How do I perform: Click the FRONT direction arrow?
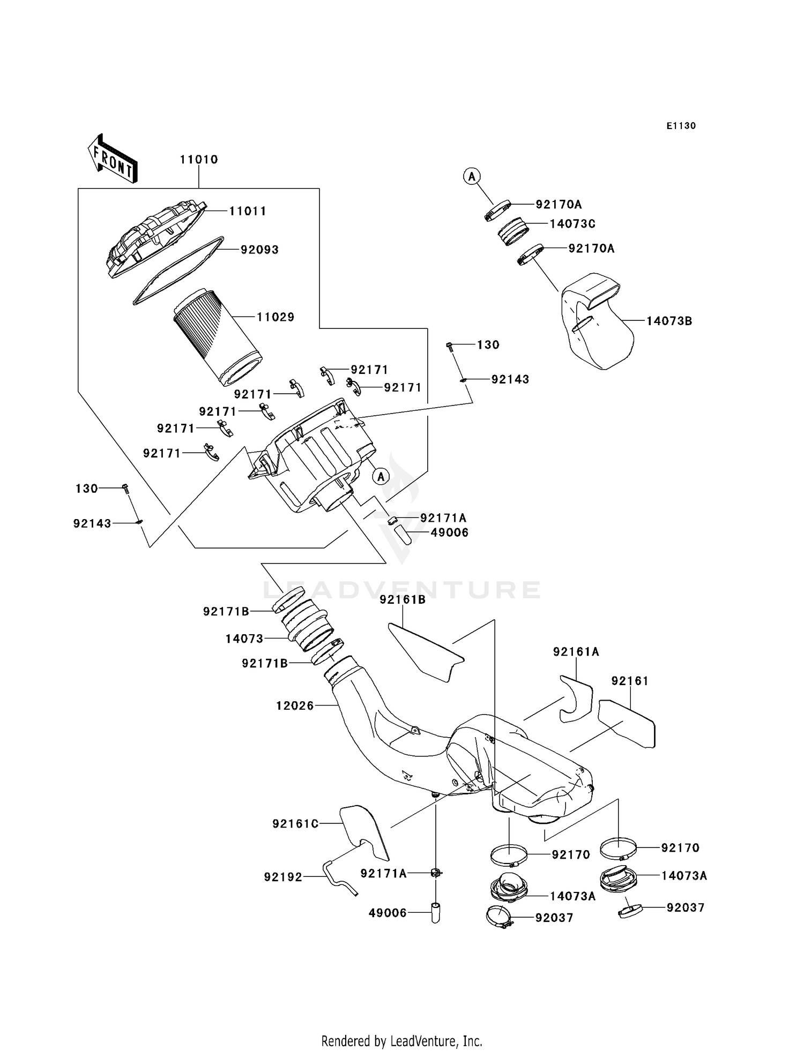click(x=113, y=159)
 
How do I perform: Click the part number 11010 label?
click(x=199, y=160)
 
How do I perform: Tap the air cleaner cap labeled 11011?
click(x=155, y=238)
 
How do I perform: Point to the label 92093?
click(x=259, y=250)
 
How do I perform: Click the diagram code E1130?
click(x=681, y=126)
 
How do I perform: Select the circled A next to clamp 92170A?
click(x=472, y=176)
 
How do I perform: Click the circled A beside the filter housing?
click(x=381, y=476)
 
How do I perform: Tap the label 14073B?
click(x=669, y=321)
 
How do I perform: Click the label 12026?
click(x=295, y=706)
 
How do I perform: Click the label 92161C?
click(x=295, y=824)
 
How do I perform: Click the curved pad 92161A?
click(x=576, y=697)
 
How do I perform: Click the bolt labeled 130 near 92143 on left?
click(x=125, y=488)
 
